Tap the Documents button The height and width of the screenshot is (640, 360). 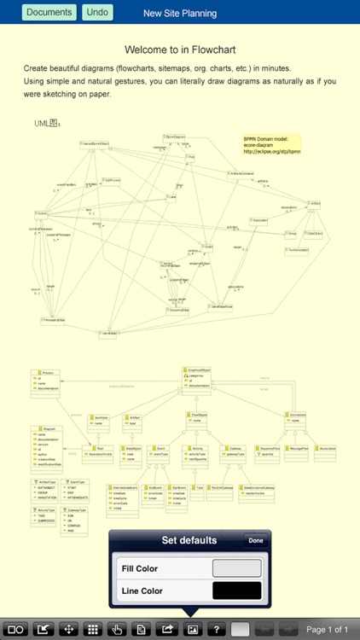click(49, 13)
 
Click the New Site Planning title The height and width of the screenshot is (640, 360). click(180, 14)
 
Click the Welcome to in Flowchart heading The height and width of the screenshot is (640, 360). click(180, 50)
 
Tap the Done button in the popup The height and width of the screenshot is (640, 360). click(255, 540)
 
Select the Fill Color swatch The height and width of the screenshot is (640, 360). click(236, 568)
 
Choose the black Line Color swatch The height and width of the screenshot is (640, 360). click(236, 590)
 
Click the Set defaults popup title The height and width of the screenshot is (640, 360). click(189, 540)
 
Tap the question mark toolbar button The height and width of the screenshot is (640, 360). click(218, 630)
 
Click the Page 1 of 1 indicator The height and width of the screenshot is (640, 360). click(328, 630)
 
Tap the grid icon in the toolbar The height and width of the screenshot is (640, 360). click(94, 630)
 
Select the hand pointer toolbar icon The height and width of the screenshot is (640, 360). click(119, 630)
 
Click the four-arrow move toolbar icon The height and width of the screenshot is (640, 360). click(68, 630)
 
